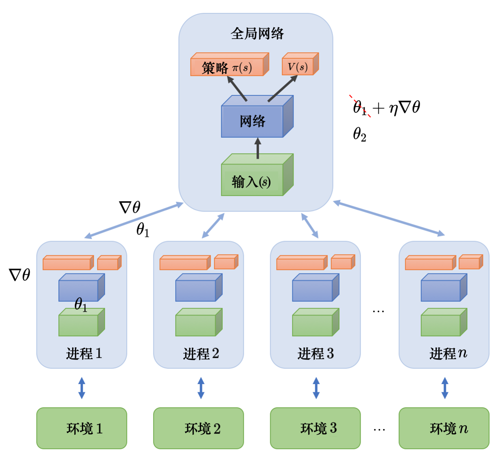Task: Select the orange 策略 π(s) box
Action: (227, 67)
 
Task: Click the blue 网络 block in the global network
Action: (252, 121)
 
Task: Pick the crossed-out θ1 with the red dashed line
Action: (360, 107)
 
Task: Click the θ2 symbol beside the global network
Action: (359, 134)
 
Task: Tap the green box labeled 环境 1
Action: (82, 428)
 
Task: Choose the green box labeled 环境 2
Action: (198, 428)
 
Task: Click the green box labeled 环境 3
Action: (315, 428)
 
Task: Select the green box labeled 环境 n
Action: (444, 428)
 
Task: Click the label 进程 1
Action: (84, 353)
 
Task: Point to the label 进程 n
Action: (448, 353)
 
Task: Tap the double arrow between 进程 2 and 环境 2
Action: (201, 388)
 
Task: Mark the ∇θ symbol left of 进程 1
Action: (19, 274)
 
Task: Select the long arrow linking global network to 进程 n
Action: (389, 218)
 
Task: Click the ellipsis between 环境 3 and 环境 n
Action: (379, 430)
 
